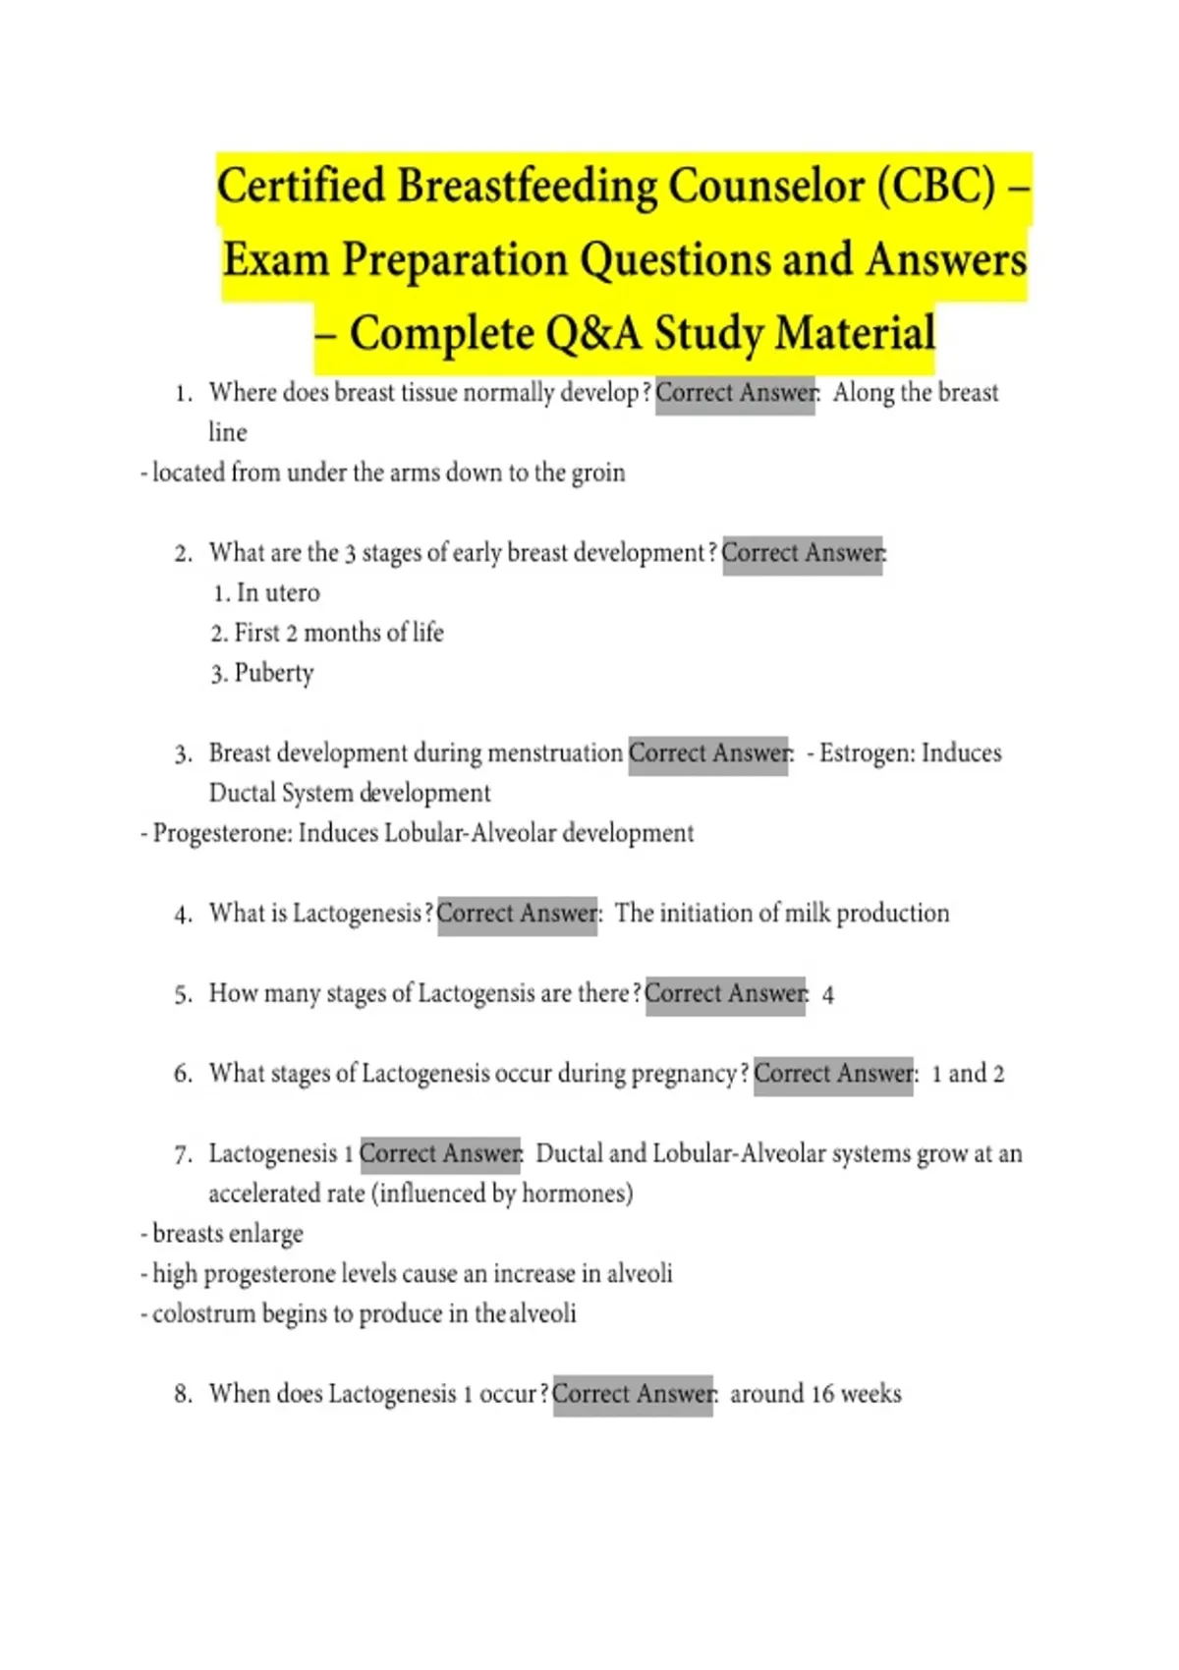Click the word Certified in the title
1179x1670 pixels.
click(301, 187)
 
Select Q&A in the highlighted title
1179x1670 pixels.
click(594, 333)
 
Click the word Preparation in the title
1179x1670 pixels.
click(456, 260)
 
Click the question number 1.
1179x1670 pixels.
click(183, 394)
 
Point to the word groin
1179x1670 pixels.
click(598, 473)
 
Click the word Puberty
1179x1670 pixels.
click(274, 673)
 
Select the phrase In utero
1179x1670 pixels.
click(278, 592)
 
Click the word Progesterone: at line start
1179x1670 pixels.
click(222, 833)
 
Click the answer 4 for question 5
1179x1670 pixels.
click(828, 995)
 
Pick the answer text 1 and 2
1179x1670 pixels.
click(968, 1074)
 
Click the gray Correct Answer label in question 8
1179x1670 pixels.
click(633, 1394)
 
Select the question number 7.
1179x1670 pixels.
click(183, 1154)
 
